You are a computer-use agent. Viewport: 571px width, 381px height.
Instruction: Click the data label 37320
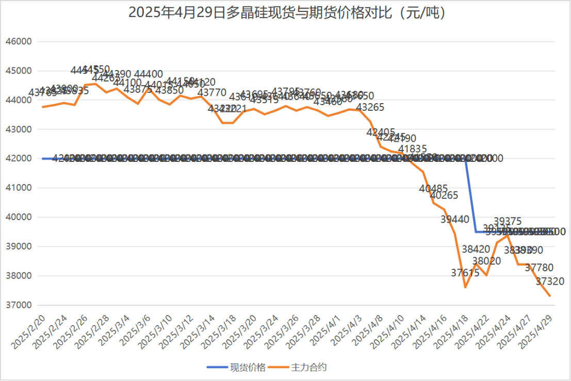click(550, 281)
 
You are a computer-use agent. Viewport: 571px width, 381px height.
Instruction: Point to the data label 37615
click(465, 273)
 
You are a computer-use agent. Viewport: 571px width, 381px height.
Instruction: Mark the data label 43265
click(371, 107)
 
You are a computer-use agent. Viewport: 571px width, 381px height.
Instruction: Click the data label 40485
click(434, 189)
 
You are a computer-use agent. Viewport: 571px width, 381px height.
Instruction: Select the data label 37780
click(539, 268)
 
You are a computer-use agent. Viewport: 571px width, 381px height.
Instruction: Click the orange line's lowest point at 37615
click(465, 287)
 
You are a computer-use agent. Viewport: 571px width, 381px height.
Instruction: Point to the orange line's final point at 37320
click(550, 296)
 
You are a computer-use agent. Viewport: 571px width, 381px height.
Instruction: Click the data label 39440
click(455, 219)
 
